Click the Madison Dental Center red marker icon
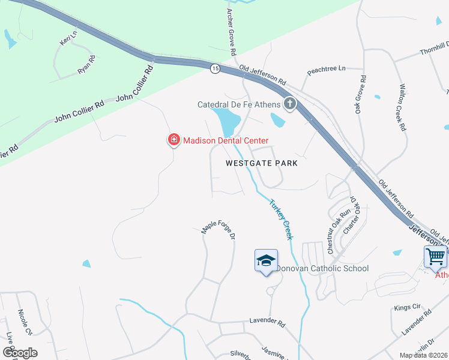click(x=173, y=140)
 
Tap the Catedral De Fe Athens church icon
click(x=290, y=104)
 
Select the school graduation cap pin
click(x=266, y=260)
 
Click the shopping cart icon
click(x=435, y=257)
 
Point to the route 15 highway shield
click(x=215, y=69)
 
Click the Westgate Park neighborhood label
click(x=262, y=163)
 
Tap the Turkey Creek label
click(x=281, y=219)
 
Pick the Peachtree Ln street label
click(x=327, y=70)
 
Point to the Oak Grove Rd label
click(x=360, y=94)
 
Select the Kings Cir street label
click(x=408, y=307)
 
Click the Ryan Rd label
click(x=86, y=64)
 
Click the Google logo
click(x=20, y=353)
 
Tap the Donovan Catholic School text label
click(x=322, y=268)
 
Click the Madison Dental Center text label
click(x=225, y=140)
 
